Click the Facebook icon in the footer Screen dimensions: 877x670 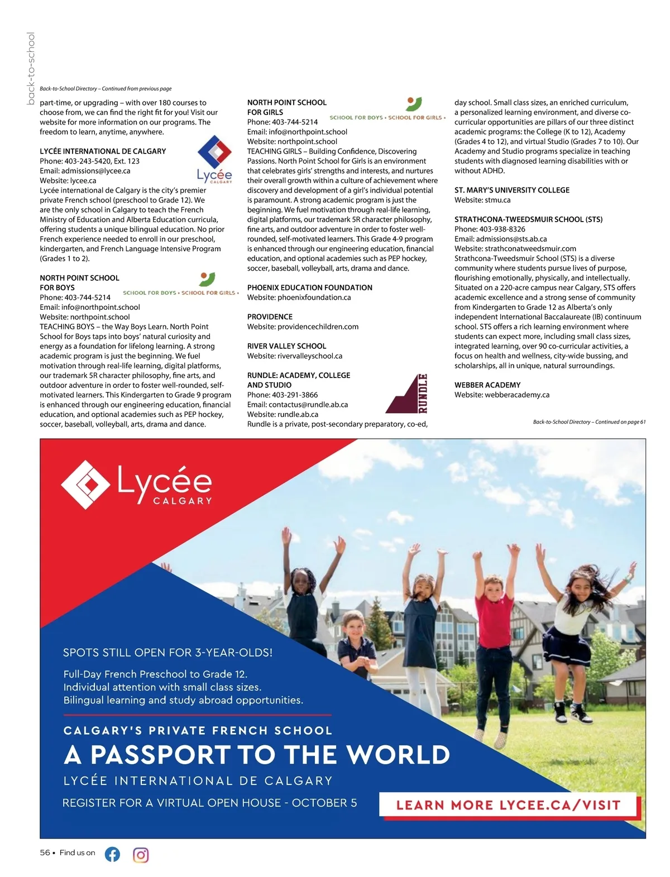(112, 854)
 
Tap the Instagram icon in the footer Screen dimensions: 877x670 (141, 855)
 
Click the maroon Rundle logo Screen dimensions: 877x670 (407, 394)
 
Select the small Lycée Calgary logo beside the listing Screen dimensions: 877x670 (215, 160)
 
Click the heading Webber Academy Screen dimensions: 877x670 (487, 385)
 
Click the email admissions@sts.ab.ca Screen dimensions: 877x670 (511, 239)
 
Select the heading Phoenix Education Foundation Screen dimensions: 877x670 (309, 287)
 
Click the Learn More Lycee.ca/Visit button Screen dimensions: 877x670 (508, 805)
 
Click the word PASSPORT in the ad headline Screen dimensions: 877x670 (160, 755)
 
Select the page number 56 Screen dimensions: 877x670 (45, 852)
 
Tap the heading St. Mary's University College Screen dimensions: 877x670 (511, 190)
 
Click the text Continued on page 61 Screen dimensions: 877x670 (620, 422)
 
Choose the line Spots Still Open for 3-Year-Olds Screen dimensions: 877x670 (167, 653)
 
